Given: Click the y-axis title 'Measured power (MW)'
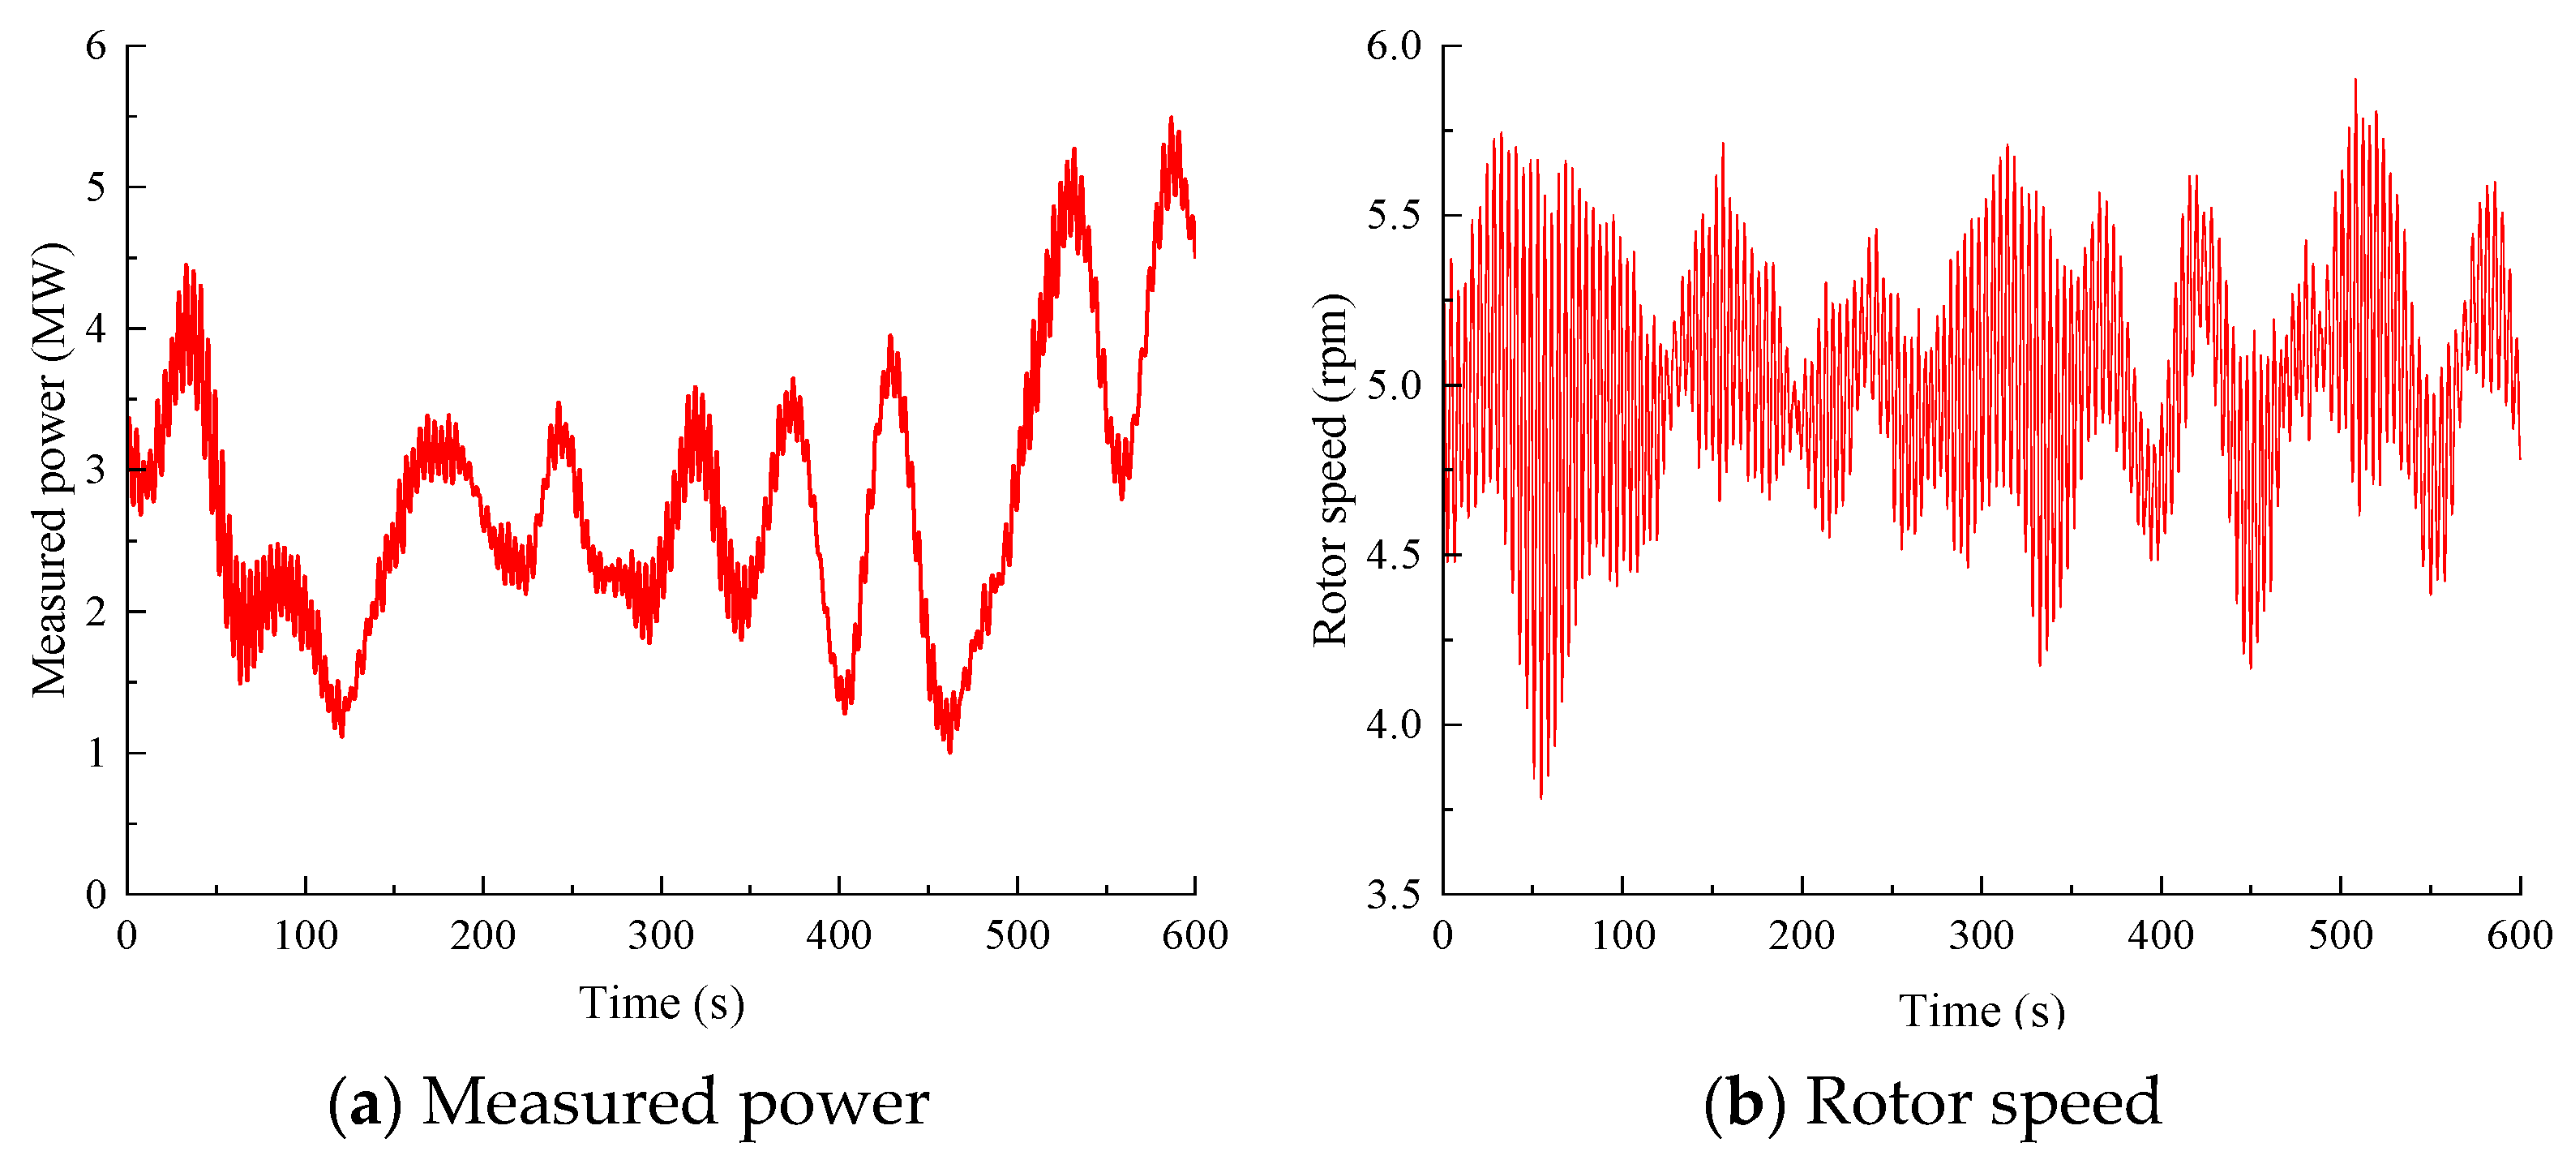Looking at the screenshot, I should [x=50, y=469].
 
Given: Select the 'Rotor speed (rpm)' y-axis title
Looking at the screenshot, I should [x=1330, y=469].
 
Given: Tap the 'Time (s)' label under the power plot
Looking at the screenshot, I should [x=662, y=1003].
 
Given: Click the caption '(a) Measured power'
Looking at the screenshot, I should [x=629, y=1103].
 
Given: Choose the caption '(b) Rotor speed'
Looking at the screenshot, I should [x=1932, y=1103].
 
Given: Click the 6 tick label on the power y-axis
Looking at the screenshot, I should [x=96, y=46].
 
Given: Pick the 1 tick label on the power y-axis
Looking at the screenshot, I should [x=96, y=753].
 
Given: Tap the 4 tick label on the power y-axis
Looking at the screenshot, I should [x=96, y=329].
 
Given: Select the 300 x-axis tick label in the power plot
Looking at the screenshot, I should [x=661, y=936].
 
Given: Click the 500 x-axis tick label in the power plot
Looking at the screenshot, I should [x=1017, y=936].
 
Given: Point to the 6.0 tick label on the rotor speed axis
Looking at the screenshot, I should [x=1393, y=46].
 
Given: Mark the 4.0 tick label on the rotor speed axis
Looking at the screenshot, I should [x=1393, y=724].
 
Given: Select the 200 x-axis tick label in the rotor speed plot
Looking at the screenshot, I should [x=1802, y=936].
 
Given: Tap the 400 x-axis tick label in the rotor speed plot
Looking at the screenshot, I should [x=2161, y=936].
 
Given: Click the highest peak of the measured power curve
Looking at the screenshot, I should [x=1171, y=118].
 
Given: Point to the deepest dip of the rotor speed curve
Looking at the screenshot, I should [x=1541, y=797].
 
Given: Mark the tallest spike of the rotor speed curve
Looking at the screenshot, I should [x=2355, y=79].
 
